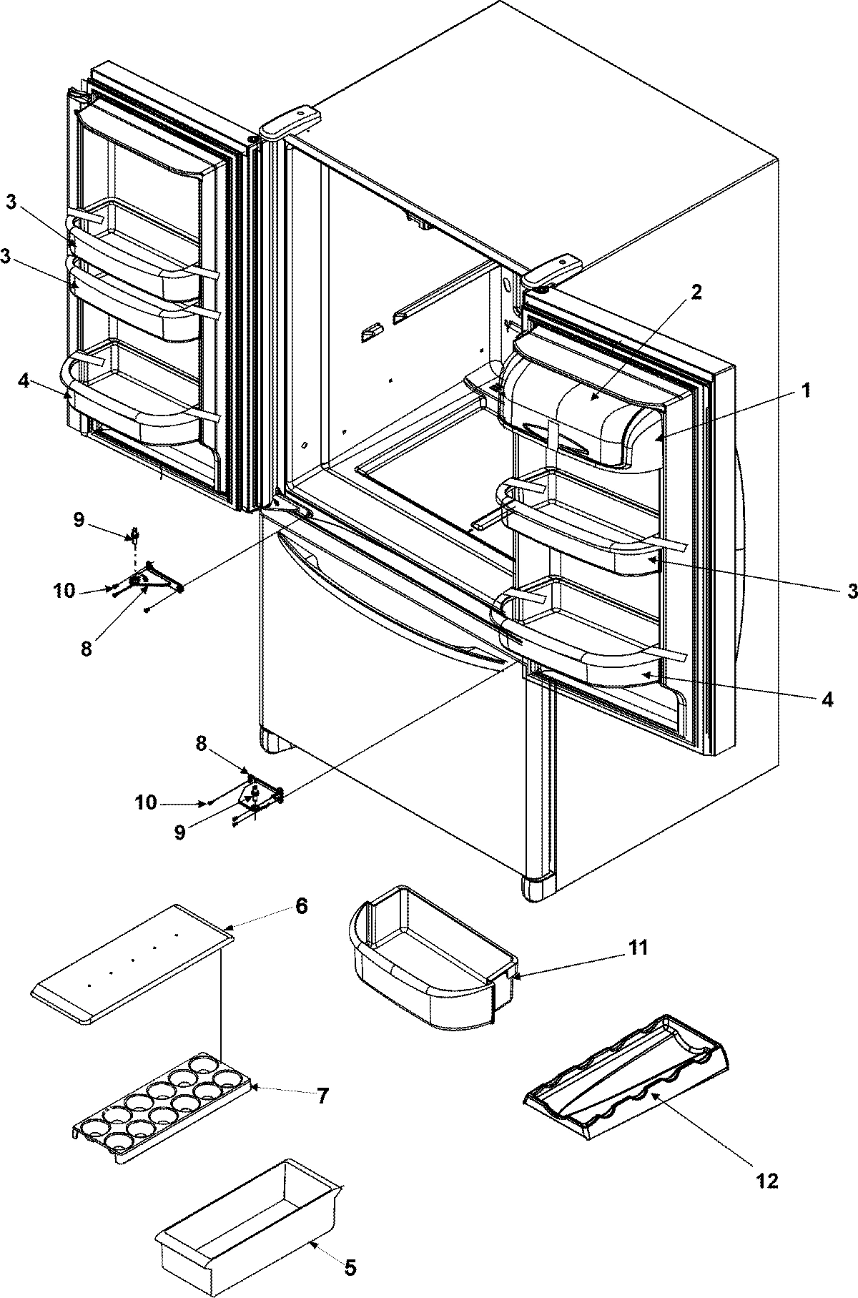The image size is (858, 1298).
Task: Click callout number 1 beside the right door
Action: (805, 391)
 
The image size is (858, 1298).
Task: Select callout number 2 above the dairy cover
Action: (696, 292)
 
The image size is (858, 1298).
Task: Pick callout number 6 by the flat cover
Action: (301, 906)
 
